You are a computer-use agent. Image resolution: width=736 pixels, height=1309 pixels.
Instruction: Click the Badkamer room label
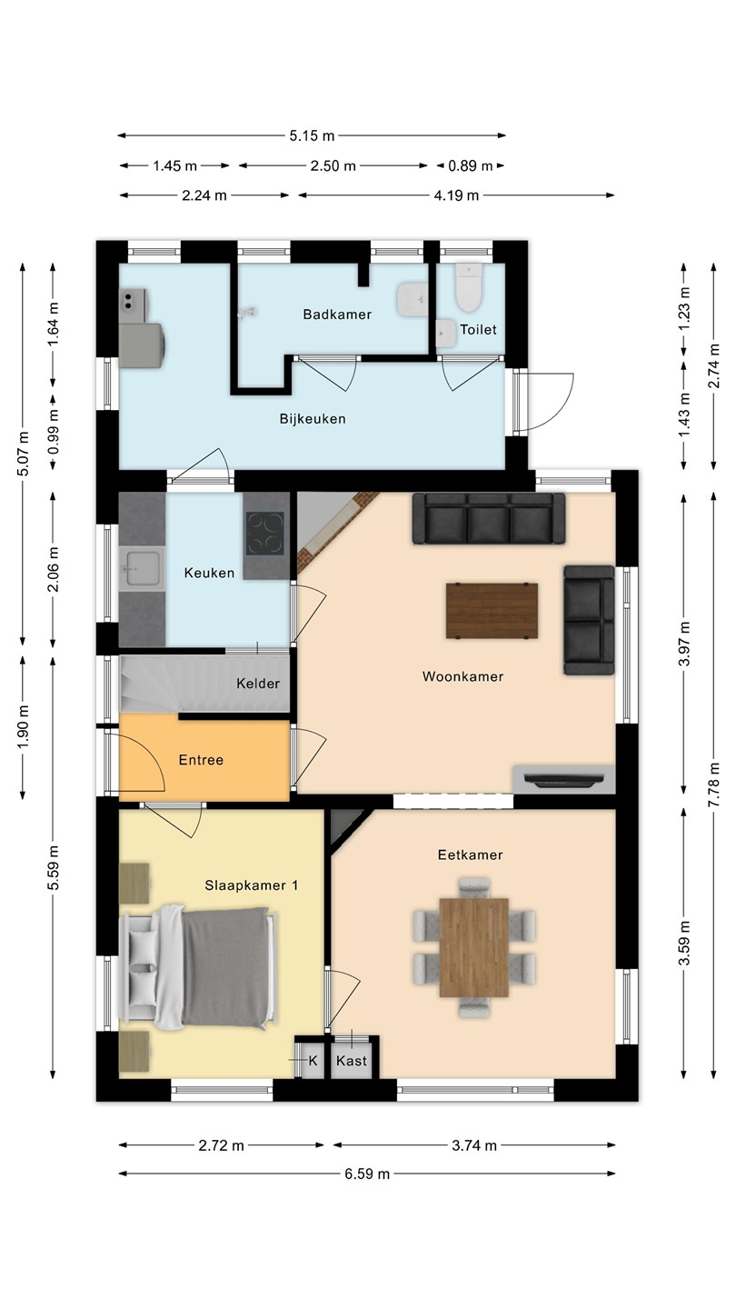coord(337,315)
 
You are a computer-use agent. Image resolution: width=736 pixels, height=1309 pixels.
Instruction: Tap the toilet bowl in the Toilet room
coord(469,287)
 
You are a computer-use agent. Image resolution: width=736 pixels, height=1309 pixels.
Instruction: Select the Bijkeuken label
coord(313,419)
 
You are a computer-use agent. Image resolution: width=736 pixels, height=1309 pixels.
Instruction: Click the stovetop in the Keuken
coord(265,534)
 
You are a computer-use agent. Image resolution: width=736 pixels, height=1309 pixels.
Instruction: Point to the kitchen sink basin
coord(141,568)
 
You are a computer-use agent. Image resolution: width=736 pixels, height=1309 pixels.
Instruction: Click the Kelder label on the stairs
coord(258,684)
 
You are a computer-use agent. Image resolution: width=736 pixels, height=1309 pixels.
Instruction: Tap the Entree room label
coord(201,760)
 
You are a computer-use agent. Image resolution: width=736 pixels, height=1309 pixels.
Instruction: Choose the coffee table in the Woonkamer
coord(492,611)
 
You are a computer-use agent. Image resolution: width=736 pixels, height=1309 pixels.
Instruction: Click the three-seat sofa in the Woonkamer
coord(489,518)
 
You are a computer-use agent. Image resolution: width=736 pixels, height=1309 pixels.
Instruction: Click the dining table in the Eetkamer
coord(473,947)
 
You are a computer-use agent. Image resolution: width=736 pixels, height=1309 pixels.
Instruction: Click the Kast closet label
coord(351,1061)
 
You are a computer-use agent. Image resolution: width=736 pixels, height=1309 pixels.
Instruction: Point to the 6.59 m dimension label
coord(367,1174)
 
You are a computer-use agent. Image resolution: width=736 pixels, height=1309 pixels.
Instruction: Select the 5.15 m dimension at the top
coord(312,136)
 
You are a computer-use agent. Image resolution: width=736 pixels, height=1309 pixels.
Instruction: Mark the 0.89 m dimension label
coord(471,166)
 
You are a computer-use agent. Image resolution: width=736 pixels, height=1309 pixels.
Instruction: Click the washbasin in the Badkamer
coord(413,299)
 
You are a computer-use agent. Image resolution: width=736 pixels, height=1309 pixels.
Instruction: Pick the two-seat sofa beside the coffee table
coord(589,620)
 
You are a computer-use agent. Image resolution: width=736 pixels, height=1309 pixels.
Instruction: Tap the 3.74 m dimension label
coord(474,1145)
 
